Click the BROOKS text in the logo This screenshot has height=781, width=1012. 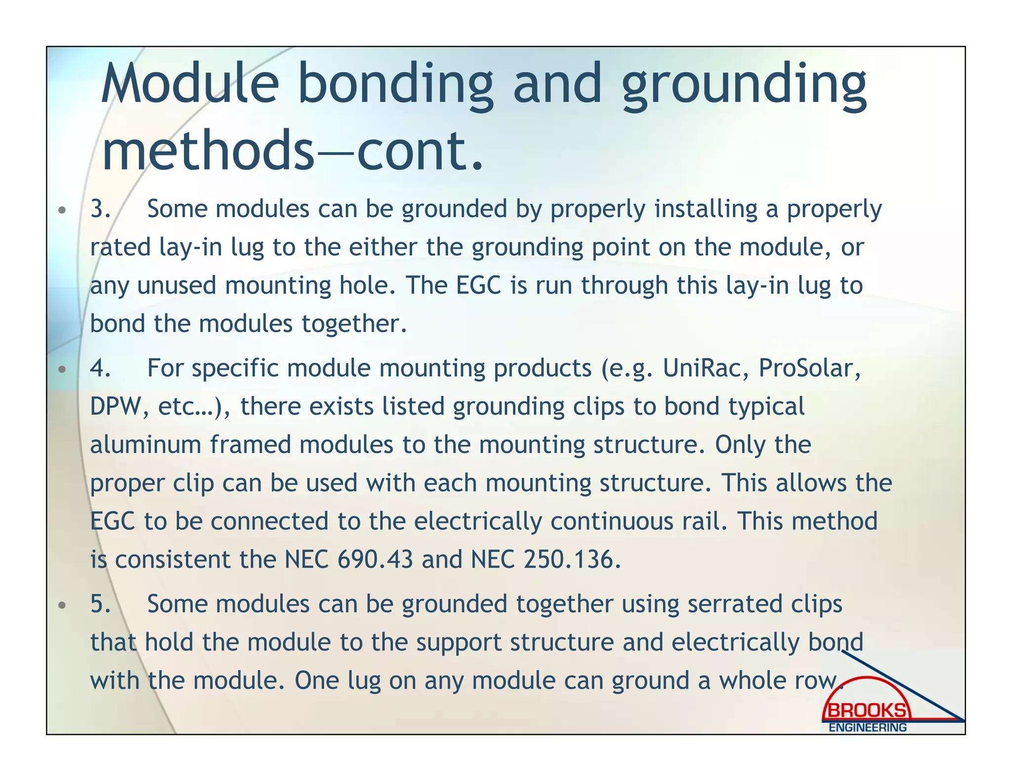click(867, 711)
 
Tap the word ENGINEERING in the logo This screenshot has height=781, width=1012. click(867, 728)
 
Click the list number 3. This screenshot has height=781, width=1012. click(100, 209)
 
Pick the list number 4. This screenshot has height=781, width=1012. click(100, 368)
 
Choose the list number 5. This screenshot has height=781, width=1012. click(100, 604)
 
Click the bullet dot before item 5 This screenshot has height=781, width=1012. click(62, 605)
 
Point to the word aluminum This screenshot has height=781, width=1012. click(145, 445)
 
